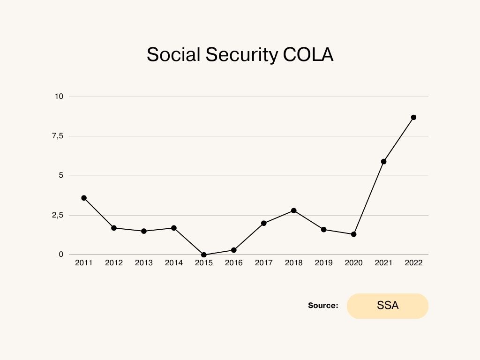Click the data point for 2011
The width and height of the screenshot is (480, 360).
pyautogui.click(x=84, y=198)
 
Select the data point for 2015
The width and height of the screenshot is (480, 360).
pyautogui.click(x=204, y=255)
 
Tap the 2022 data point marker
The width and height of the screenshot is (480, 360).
pyautogui.click(x=413, y=117)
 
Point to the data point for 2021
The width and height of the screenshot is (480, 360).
pyautogui.click(x=383, y=161)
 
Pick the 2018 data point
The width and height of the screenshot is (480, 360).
pyautogui.click(x=294, y=210)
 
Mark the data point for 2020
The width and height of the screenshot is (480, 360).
pyautogui.click(x=354, y=234)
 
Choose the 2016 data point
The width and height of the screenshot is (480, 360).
pyautogui.click(x=234, y=250)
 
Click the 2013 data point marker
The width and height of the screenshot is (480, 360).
pyautogui.click(x=144, y=231)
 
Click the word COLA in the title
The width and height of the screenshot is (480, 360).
pyautogui.click(x=308, y=55)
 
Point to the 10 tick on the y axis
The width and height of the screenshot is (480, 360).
pyautogui.click(x=59, y=97)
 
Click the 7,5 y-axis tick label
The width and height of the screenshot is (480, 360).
pyautogui.click(x=57, y=136)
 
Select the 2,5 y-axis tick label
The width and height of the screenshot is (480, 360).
pyautogui.click(x=57, y=215)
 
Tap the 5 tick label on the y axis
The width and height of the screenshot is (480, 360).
pyautogui.click(x=60, y=176)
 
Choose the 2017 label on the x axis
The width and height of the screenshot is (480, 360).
pyautogui.click(x=264, y=263)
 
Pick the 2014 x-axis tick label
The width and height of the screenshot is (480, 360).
pyautogui.click(x=174, y=263)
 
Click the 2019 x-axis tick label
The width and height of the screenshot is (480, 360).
pyautogui.click(x=324, y=263)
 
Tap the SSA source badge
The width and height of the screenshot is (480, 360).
pyautogui.click(x=388, y=306)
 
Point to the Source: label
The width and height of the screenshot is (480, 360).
pyautogui.click(x=323, y=306)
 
